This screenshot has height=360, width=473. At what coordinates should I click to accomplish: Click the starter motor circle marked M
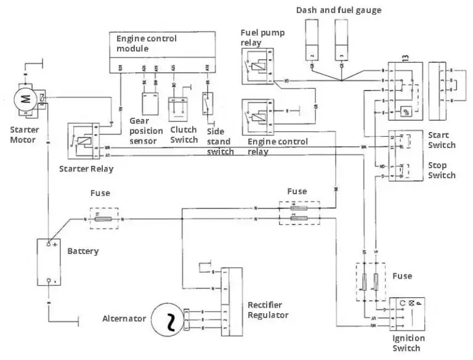(25, 99)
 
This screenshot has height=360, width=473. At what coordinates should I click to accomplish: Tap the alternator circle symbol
(168, 318)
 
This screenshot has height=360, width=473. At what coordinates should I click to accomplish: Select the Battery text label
(83, 252)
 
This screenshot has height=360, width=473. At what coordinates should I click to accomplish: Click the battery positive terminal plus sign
(55, 245)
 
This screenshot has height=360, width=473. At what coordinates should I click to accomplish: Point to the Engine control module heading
(147, 43)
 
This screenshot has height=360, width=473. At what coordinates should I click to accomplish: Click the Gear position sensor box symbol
(149, 102)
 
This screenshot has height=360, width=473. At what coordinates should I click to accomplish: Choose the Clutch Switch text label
(184, 134)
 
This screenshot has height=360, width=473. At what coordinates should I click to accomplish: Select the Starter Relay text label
(86, 169)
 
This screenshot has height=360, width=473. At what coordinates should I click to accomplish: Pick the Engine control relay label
(277, 146)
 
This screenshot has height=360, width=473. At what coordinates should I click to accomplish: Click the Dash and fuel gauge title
(338, 10)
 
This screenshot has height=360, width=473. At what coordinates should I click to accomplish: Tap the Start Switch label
(442, 140)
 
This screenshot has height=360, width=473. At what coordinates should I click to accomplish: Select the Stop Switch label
(442, 170)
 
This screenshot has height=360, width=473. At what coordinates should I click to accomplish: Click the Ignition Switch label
(408, 343)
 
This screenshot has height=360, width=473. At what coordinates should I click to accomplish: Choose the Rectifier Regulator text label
(268, 310)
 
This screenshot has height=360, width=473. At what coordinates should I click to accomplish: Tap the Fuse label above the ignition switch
(402, 276)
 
